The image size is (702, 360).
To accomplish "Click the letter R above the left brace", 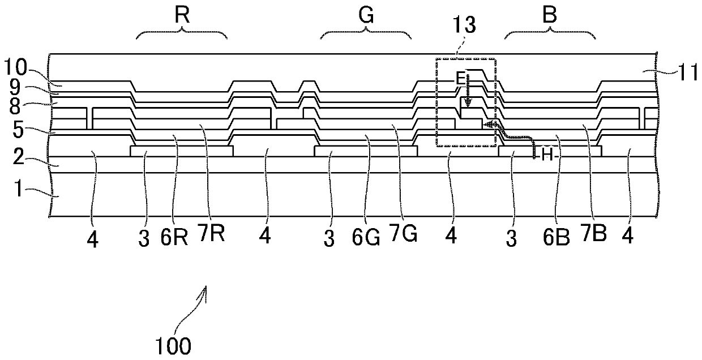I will (182, 16).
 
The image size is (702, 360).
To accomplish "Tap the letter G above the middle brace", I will (366, 16).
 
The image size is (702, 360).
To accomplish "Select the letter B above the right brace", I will (550, 16).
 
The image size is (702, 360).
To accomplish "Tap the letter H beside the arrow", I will (547, 156).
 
